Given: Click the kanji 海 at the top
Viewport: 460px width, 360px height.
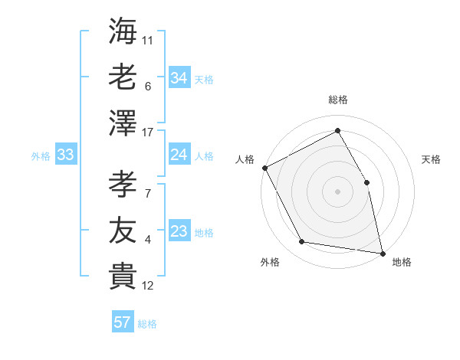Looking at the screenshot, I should point(123,30).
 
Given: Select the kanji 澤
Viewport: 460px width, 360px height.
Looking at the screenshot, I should point(123,123).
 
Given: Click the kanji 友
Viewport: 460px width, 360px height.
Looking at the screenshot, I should point(123,229).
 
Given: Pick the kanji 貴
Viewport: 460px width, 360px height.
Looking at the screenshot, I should point(123,275).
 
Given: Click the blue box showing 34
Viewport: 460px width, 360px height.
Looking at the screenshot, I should point(179,77).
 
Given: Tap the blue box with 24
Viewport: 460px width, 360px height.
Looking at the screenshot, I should point(179,155).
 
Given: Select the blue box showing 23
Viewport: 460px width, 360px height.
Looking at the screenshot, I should point(179,231).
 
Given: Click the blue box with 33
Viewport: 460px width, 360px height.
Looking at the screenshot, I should point(65,155).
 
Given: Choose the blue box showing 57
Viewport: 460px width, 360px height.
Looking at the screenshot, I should point(123,322).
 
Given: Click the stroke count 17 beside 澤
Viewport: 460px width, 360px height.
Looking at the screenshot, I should point(149,133).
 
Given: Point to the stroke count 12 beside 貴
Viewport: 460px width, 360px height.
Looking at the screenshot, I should point(149,286).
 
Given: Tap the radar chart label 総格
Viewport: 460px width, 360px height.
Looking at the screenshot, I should point(338,100).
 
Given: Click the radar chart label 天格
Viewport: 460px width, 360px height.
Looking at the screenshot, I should point(431,159).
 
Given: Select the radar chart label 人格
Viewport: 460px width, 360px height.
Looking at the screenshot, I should point(245,159).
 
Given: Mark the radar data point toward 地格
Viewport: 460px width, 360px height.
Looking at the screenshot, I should point(382,253).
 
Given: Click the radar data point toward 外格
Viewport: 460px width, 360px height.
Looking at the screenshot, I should point(302,242).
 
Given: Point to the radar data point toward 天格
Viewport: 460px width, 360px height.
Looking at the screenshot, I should point(367,182).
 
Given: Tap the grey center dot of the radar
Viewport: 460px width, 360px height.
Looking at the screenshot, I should point(338,191).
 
